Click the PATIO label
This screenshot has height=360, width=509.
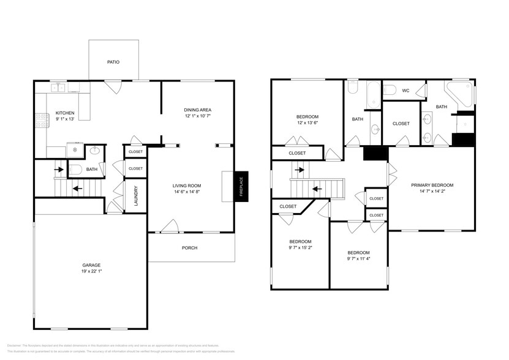pyautogui.click(x=113, y=62)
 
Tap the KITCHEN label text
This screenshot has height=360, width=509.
pyautogui.click(x=65, y=113)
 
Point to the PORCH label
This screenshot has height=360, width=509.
pyautogui.click(x=189, y=248)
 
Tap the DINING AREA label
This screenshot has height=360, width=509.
pyautogui.click(x=197, y=110)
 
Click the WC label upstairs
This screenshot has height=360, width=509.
pyautogui.click(x=405, y=91)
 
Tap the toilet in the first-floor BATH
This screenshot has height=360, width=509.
pyautogui.click(x=74, y=169)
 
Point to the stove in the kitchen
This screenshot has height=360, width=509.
pyautogui.click(x=42, y=120)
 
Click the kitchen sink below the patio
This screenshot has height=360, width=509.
pyautogui.click(x=59, y=88)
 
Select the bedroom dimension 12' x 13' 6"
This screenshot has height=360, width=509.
pyautogui.click(x=307, y=123)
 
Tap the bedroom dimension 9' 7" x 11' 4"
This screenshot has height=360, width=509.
pyautogui.click(x=358, y=259)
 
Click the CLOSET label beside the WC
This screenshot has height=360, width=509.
pyautogui.click(x=401, y=124)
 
